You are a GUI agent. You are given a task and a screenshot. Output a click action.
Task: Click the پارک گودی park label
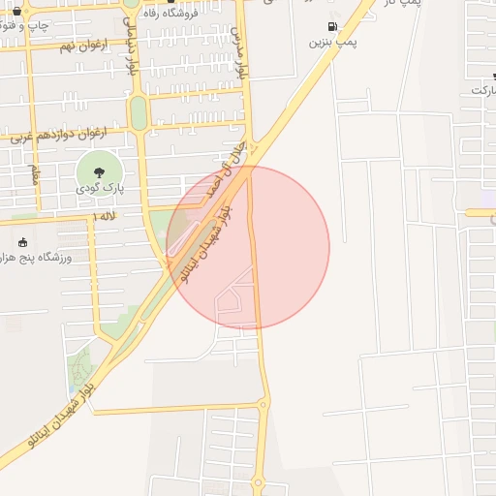pos(99,190)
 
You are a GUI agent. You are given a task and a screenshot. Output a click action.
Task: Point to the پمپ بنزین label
pos(333,43)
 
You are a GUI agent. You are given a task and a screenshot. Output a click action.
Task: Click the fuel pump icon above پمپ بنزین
pos(334,26)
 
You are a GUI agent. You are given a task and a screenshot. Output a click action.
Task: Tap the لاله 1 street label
pos(105,217)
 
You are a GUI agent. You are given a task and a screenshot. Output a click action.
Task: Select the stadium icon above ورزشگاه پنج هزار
pos(23,242)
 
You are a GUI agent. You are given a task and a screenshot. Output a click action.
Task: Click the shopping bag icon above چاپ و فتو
pos(16,7)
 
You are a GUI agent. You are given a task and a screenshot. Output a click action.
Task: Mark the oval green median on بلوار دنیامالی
pos(139,113)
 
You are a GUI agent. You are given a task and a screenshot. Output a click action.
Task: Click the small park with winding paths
pos(81,368)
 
